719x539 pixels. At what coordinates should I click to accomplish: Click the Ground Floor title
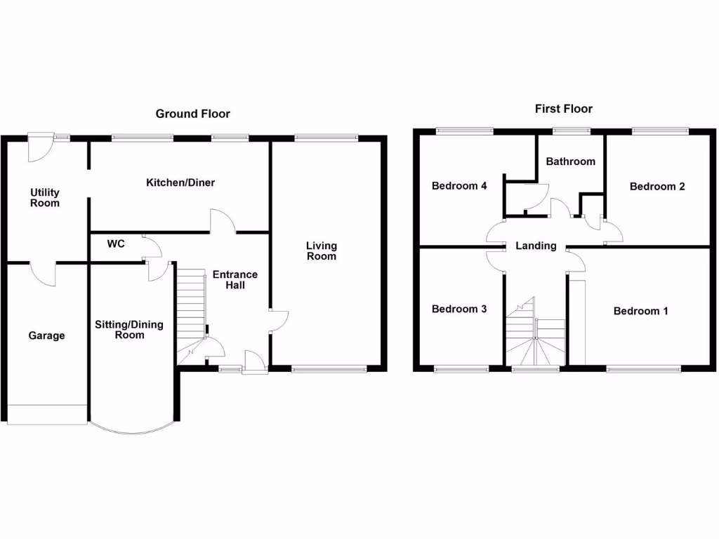[x=192, y=114]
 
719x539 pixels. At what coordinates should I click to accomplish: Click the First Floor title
[x=563, y=109]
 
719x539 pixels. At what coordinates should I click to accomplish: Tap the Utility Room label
[x=44, y=198]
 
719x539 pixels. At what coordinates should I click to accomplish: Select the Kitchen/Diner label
[x=180, y=183]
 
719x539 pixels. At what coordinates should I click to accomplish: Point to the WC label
[x=116, y=244]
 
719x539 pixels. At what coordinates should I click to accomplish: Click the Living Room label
[x=321, y=251]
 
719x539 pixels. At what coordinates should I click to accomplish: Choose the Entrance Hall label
[x=235, y=279]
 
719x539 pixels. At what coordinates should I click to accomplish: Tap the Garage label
[x=46, y=336]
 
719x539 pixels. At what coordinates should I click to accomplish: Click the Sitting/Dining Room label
[x=129, y=330]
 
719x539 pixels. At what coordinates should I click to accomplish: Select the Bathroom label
[x=570, y=161]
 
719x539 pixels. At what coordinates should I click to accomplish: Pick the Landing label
[x=536, y=246]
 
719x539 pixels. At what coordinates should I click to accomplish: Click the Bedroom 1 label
[x=640, y=311]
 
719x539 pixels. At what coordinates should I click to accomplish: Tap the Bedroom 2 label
[x=657, y=187]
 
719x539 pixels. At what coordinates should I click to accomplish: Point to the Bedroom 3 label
[x=459, y=310]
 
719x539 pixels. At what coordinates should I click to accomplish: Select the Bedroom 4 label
[x=459, y=186]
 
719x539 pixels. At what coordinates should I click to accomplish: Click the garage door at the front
[x=46, y=414]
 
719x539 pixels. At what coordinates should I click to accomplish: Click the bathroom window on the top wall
[x=570, y=131]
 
